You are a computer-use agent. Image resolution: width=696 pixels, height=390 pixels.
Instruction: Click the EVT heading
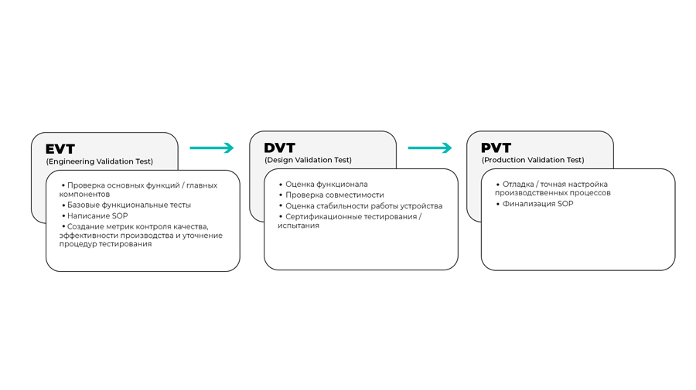tap(60, 149)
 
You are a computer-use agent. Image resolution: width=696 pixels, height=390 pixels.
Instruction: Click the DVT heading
tap(279, 148)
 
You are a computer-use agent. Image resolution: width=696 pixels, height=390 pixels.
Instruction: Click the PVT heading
tap(496, 148)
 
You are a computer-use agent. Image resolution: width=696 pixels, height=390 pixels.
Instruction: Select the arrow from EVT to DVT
tap(212, 148)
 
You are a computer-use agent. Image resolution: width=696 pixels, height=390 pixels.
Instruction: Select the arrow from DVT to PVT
tap(430, 148)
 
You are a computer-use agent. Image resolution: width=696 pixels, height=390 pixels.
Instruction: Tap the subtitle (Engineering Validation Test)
tap(100, 161)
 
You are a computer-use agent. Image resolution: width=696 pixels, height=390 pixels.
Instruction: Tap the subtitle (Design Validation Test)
tap(308, 160)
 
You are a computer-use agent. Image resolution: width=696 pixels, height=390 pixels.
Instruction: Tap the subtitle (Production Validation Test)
tap(533, 160)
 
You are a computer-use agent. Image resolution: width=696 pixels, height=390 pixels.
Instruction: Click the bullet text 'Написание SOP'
tap(97, 215)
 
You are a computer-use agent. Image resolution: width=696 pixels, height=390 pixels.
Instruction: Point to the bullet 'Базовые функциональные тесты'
tap(128, 205)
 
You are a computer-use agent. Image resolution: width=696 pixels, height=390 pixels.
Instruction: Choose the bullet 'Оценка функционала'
tap(326, 184)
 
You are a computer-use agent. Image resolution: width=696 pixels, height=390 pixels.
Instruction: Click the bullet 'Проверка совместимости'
tap(335, 195)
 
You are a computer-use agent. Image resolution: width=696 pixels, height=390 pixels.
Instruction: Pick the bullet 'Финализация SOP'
tap(537, 204)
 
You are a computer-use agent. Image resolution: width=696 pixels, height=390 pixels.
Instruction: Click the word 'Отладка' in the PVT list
tap(518, 184)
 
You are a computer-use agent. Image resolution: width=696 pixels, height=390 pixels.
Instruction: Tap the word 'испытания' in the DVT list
tap(299, 226)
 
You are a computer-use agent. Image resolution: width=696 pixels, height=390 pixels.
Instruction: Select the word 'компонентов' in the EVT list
tap(84, 194)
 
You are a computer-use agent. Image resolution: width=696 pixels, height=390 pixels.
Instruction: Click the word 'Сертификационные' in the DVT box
tap(322, 217)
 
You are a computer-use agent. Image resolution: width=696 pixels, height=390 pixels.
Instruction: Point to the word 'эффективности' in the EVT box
tap(86, 236)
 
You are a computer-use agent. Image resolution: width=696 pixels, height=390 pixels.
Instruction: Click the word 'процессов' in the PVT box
tap(590, 193)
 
